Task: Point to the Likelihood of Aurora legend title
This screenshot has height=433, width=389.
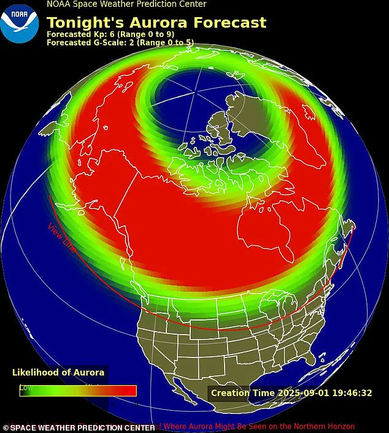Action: click(58, 372)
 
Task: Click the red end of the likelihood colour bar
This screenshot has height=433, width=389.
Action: click(126, 391)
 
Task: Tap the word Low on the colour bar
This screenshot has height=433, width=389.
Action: click(26, 388)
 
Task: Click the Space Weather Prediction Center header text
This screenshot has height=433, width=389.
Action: click(126, 4)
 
